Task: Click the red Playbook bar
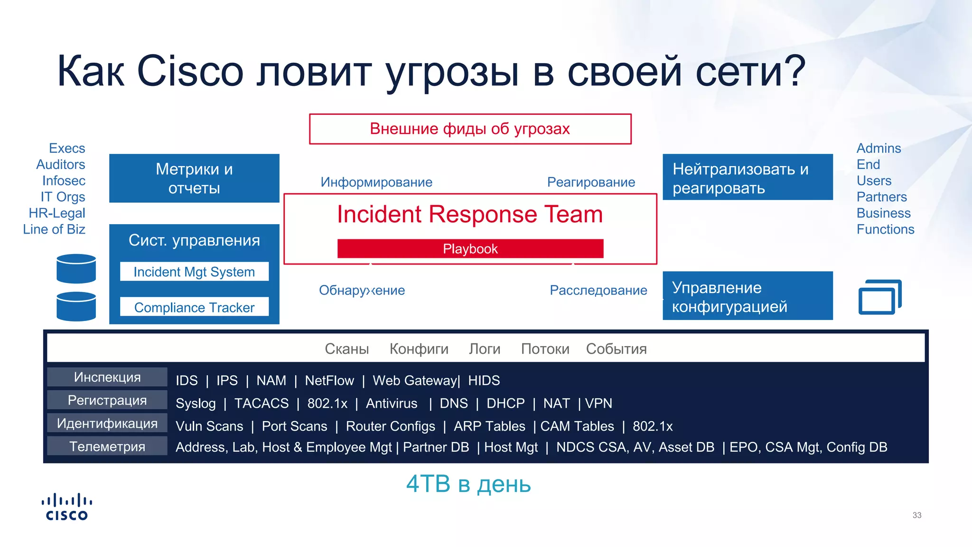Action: click(x=470, y=249)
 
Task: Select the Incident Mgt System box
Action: click(x=194, y=272)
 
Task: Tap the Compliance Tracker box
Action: click(x=194, y=307)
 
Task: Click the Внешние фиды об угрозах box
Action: click(x=470, y=129)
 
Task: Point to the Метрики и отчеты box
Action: click(x=194, y=179)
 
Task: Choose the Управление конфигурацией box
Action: click(x=748, y=296)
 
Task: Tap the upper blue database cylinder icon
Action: click(x=76, y=269)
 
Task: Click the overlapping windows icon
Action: click(x=879, y=297)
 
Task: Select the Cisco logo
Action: click(x=66, y=507)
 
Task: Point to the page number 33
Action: click(x=916, y=515)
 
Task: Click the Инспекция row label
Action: click(x=107, y=377)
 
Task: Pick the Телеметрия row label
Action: click(x=107, y=446)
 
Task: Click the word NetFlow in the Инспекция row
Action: click(x=329, y=380)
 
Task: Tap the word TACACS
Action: click(x=261, y=403)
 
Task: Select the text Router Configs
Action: click(x=390, y=426)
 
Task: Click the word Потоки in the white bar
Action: click(x=545, y=349)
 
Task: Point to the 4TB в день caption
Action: click(x=468, y=484)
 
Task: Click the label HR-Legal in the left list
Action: click(x=57, y=213)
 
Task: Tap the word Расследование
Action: click(x=598, y=290)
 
